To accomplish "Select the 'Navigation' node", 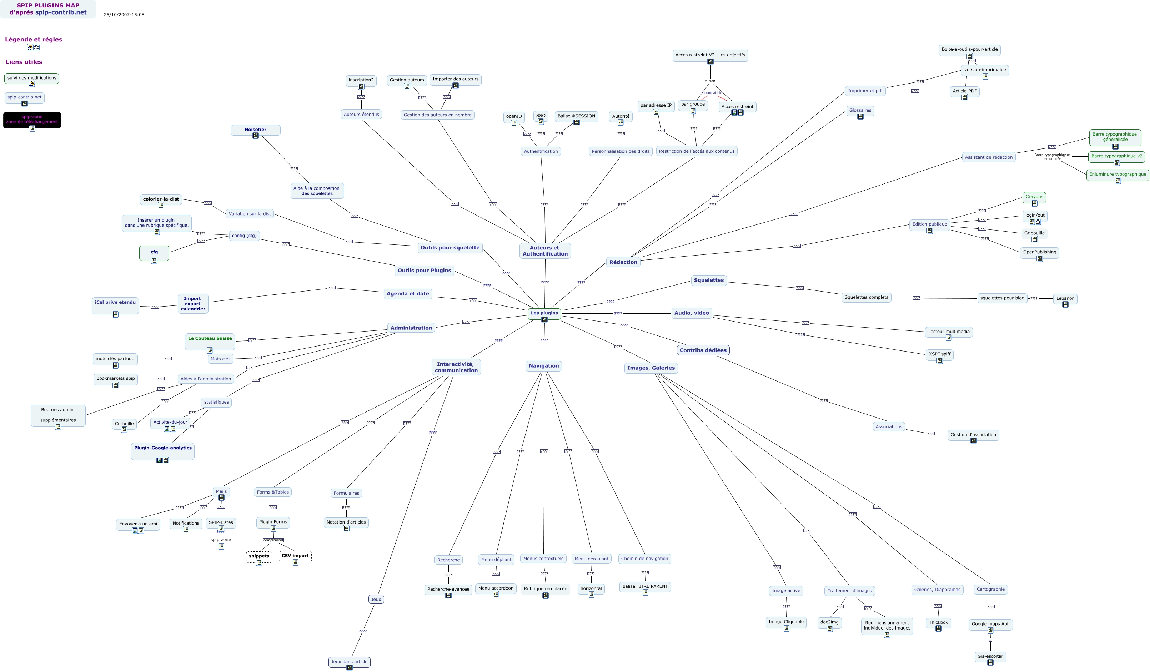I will pyautogui.click(x=543, y=366).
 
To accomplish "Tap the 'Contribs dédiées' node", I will pyautogui.click(x=703, y=350).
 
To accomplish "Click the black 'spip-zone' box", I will pyautogui.click(x=32, y=120).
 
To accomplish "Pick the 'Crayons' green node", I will pyautogui.click(x=1034, y=197).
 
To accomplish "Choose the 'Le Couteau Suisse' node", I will pyautogui.click(x=210, y=339).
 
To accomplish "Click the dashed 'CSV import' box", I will pyautogui.click(x=295, y=556).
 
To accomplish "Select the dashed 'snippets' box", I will pyautogui.click(x=259, y=556).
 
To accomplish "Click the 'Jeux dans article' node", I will pyautogui.click(x=349, y=662).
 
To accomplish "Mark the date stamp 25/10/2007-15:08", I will pyautogui.click(x=124, y=15).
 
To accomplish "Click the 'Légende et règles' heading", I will pyautogui.click(x=33, y=40).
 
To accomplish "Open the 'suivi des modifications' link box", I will pyautogui.click(x=32, y=78).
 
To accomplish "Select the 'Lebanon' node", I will pyautogui.click(x=1065, y=299).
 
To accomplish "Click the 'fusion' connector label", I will pyautogui.click(x=710, y=81).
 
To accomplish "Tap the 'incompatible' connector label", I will pyautogui.click(x=712, y=93).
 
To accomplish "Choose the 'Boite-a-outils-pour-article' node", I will pyautogui.click(x=969, y=50).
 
